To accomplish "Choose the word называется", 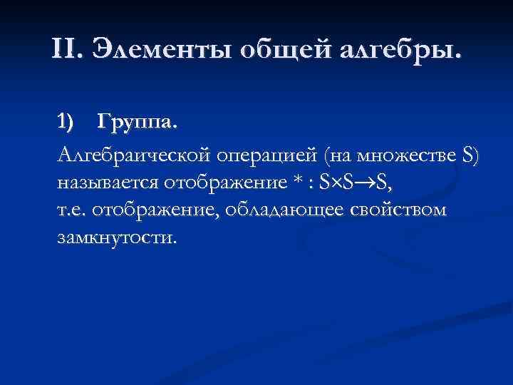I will (108, 182).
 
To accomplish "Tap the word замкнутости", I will (114, 237).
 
